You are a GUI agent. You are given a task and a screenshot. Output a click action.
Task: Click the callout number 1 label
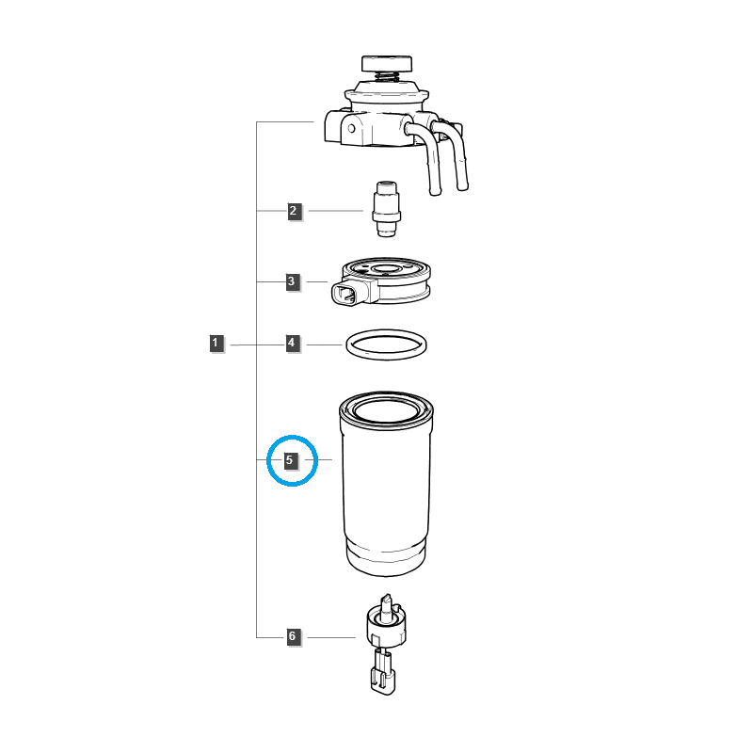(x=216, y=344)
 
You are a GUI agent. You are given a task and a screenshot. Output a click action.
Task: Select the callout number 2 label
(x=295, y=211)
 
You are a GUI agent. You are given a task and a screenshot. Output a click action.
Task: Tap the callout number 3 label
(x=293, y=281)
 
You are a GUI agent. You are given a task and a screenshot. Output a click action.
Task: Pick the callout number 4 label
(x=293, y=344)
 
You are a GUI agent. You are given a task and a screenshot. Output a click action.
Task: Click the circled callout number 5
(x=291, y=460)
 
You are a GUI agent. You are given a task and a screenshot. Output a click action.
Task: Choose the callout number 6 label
(x=294, y=637)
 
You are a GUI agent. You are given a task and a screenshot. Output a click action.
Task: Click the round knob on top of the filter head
(x=387, y=63)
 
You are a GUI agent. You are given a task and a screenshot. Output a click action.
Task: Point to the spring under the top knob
(x=387, y=76)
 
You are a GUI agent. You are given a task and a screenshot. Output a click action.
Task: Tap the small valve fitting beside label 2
(x=387, y=209)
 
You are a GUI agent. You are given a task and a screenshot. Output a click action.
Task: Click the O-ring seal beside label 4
(x=386, y=358)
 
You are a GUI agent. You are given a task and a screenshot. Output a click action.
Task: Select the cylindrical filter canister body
(x=386, y=484)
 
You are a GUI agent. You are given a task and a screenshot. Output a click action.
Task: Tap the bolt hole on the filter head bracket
(x=351, y=129)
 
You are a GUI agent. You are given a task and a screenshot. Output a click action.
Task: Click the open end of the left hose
(x=435, y=192)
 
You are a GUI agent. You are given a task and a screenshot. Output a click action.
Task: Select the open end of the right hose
(x=462, y=187)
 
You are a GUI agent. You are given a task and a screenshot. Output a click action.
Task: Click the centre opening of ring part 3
(x=387, y=270)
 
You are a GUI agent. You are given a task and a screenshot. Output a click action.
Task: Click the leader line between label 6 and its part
(x=331, y=637)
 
